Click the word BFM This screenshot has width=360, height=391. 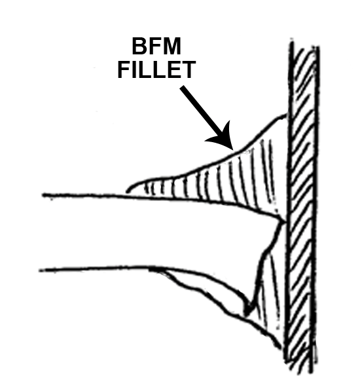click(156, 46)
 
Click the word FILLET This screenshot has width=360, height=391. click(156, 69)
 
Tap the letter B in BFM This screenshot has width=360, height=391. click(140, 46)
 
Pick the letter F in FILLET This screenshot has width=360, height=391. click(124, 69)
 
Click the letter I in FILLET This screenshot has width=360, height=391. click(134, 69)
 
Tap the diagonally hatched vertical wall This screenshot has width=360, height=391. click(302, 207)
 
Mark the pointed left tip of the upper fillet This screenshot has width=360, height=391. click(128, 191)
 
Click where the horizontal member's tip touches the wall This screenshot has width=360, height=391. click(285, 221)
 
